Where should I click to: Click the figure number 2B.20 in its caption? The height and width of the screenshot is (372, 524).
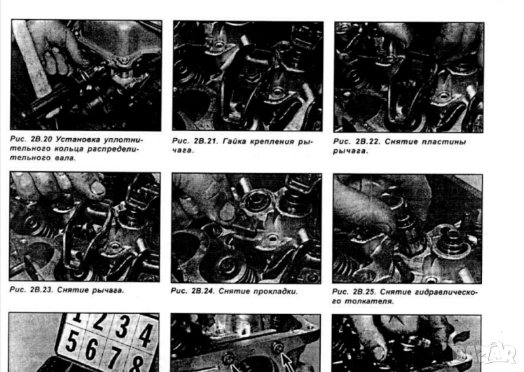[41, 139]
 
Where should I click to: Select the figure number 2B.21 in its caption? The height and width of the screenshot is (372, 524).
[204, 141]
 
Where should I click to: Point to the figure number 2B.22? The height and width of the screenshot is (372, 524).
[367, 141]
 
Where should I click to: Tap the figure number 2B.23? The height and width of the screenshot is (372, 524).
[41, 290]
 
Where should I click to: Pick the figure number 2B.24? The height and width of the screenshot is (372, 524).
[203, 291]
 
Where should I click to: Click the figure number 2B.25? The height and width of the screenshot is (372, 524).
[364, 292]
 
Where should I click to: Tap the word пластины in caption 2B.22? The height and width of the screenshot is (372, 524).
[443, 141]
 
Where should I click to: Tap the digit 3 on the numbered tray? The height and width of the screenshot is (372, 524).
[123, 327]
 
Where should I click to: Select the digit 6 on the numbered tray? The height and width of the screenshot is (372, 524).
[91, 348]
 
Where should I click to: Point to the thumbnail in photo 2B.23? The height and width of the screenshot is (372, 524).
[97, 188]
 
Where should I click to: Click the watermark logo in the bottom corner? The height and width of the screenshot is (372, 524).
[485, 353]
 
